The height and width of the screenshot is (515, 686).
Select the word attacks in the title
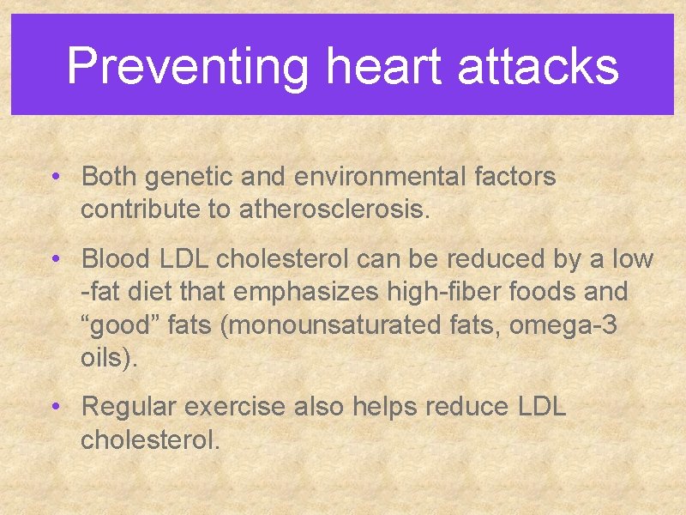coord(538,67)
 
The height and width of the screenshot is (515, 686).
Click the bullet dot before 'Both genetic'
coord(54,178)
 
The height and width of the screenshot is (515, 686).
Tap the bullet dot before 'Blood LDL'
coord(54,259)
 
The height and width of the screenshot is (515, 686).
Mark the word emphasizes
coord(306,292)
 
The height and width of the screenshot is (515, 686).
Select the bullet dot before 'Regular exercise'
coord(54,406)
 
